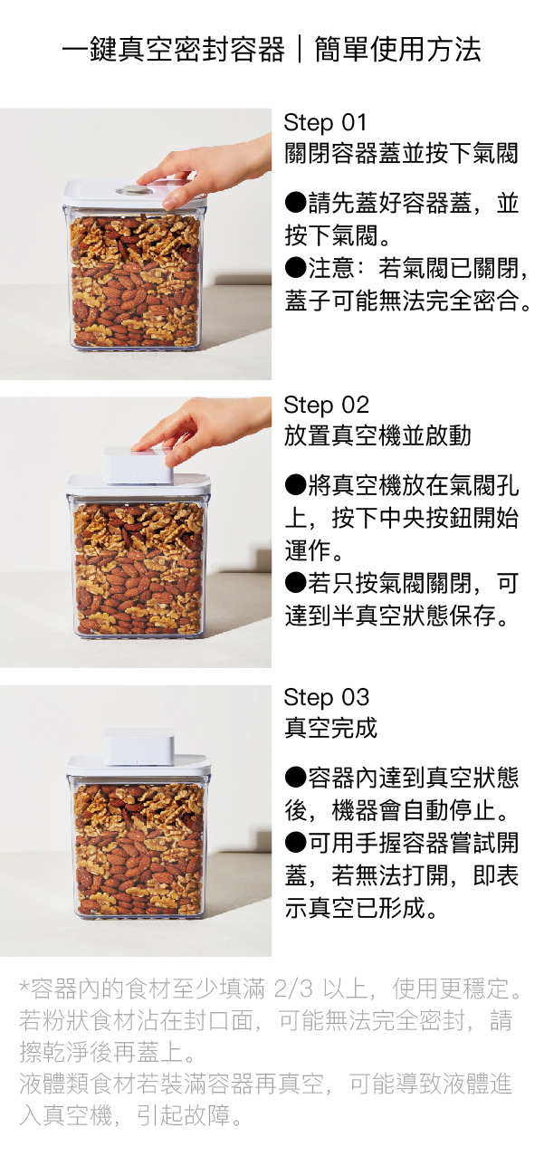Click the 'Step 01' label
click(x=325, y=123)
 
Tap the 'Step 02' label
click(x=326, y=406)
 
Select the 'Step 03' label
click(x=326, y=697)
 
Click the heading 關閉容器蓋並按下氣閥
click(x=400, y=153)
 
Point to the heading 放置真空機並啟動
click(x=377, y=435)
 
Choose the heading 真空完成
click(x=331, y=727)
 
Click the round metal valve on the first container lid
click(x=133, y=190)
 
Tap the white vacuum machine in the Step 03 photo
click(x=139, y=746)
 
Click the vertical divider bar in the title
click(x=300, y=50)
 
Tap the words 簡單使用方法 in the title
click(x=397, y=50)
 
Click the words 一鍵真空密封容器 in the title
click(x=174, y=50)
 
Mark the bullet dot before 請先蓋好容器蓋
click(x=296, y=202)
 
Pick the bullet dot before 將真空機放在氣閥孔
click(x=296, y=484)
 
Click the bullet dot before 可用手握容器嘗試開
click(x=296, y=842)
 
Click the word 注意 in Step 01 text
click(x=331, y=268)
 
